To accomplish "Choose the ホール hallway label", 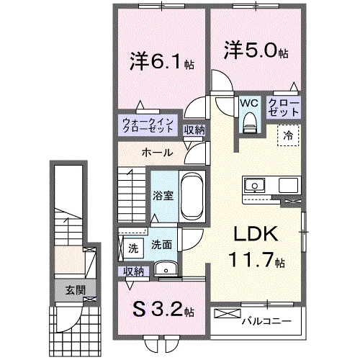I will coord(156,153).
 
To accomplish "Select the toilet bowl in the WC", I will coord(250,125).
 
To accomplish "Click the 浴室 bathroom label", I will coord(161,195).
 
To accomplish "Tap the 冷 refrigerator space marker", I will coord(287,134).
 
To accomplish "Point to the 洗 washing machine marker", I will coord(133,248).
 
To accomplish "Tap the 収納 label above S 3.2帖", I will coord(134,271).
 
